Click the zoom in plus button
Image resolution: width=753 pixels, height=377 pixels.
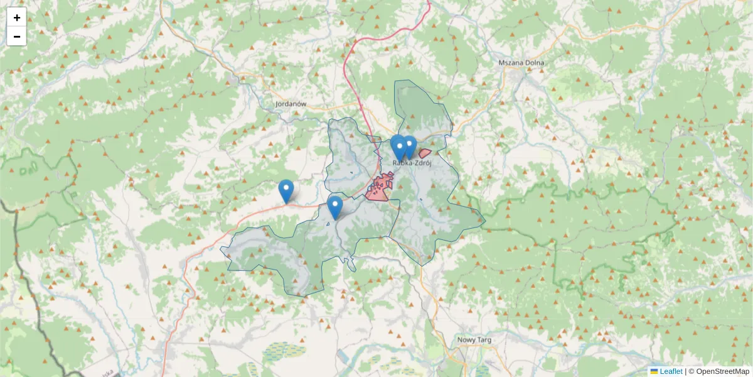pos(16,18)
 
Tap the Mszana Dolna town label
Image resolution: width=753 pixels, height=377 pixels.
pos(521,63)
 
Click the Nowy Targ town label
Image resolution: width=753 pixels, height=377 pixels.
pos(474,340)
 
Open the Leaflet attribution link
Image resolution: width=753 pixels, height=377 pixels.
pos(671,371)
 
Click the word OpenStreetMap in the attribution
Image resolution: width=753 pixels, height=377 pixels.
pos(722,371)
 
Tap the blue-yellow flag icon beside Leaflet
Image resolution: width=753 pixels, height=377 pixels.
pos(654,371)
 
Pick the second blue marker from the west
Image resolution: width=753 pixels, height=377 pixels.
pos(335,207)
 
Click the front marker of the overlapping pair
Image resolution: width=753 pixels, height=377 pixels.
pos(398,148)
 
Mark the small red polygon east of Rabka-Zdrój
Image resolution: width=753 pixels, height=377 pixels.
pos(425,153)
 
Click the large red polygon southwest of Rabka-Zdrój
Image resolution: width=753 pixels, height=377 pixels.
pos(380,187)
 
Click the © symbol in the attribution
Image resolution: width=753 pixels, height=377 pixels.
pos(692,371)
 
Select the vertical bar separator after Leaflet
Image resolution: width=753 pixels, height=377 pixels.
pos(685,371)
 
